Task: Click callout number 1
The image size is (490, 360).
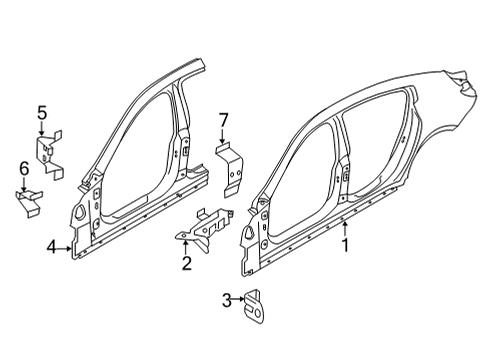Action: pyautogui.click(x=346, y=244)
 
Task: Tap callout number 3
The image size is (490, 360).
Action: pyautogui.click(x=226, y=299)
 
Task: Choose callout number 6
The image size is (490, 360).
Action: pyautogui.click(x=23, y=168)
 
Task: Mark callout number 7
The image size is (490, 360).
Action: pyautogui.click(x=225, y=121)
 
